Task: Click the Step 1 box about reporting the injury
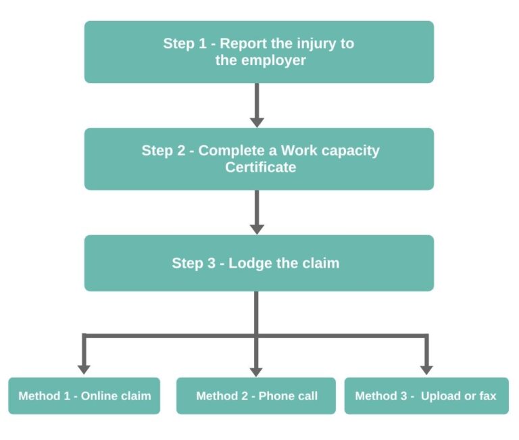(259, 51)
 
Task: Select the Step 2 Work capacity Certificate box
(259, 159)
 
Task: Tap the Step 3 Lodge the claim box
(259, 263)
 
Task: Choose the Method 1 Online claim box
(84, 395)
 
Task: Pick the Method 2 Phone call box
(256, 395)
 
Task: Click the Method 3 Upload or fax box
(426, 395)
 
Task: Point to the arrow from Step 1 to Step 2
(257, 105)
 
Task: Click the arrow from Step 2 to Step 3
(257, 212)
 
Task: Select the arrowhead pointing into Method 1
(84, 368)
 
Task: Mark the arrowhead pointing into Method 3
(426, 368)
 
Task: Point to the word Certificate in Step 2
(260, 167)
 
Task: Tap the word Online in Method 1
(99, 396)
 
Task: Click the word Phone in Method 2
(273, 396)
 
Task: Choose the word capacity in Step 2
(350, 150)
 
